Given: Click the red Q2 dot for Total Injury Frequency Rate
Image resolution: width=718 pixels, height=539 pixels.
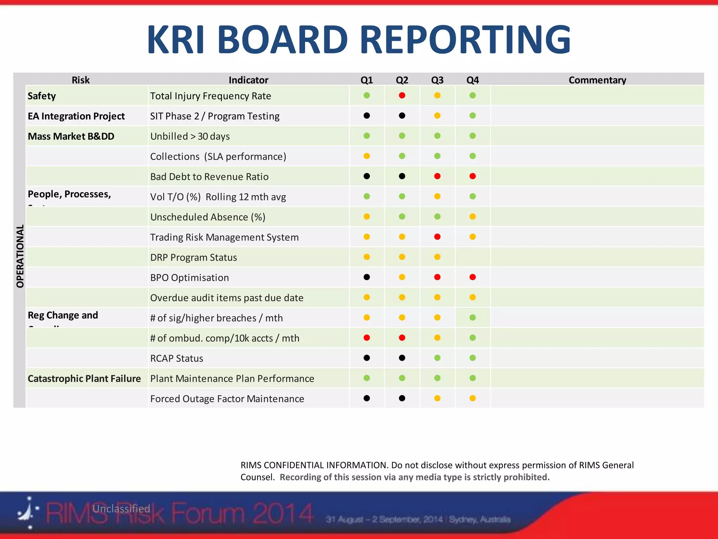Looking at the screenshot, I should tap(402, 95).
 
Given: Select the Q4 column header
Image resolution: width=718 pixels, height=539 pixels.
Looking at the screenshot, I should tap(473, 80).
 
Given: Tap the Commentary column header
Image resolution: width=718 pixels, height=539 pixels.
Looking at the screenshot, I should tap(597, 80).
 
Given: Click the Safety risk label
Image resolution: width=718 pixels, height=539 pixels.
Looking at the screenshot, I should tap(42, 96).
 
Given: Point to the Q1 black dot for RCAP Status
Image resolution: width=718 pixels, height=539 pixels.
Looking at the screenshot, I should tap(367, 358).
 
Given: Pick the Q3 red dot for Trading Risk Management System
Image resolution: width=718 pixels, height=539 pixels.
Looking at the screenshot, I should tap(437, 237).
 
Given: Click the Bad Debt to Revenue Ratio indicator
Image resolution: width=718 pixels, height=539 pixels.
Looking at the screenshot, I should tap(209, 177).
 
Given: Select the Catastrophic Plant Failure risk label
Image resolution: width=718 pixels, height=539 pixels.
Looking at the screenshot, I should tap(84, 379).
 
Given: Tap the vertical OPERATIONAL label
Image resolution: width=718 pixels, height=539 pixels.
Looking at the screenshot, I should tap(20, 256).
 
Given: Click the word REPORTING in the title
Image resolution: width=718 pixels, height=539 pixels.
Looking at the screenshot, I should tap(465, 39).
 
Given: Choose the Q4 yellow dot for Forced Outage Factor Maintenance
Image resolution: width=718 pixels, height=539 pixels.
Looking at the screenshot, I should tap(473, 398).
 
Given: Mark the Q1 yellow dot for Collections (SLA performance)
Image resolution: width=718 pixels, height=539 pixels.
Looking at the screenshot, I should tap(367, 156).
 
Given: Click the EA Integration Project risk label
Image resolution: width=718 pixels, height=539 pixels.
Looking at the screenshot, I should tap(76, 116).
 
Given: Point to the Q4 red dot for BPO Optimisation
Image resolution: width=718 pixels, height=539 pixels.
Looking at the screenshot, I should tap(473, 277).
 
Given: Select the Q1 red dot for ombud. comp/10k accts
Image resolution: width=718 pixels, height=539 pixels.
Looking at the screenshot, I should tap(367, 338).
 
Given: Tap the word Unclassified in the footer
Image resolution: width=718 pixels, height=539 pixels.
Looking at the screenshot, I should tap(121, 508).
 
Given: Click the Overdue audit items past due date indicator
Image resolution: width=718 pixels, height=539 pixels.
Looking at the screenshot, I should tap(227, 298).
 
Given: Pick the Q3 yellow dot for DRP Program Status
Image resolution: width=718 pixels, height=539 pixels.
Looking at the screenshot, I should tap(437, 257).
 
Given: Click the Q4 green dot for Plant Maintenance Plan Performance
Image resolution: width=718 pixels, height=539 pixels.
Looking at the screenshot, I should tap(473, 378).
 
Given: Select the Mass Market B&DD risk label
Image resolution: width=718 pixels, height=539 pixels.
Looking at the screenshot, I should tap(71, 136).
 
